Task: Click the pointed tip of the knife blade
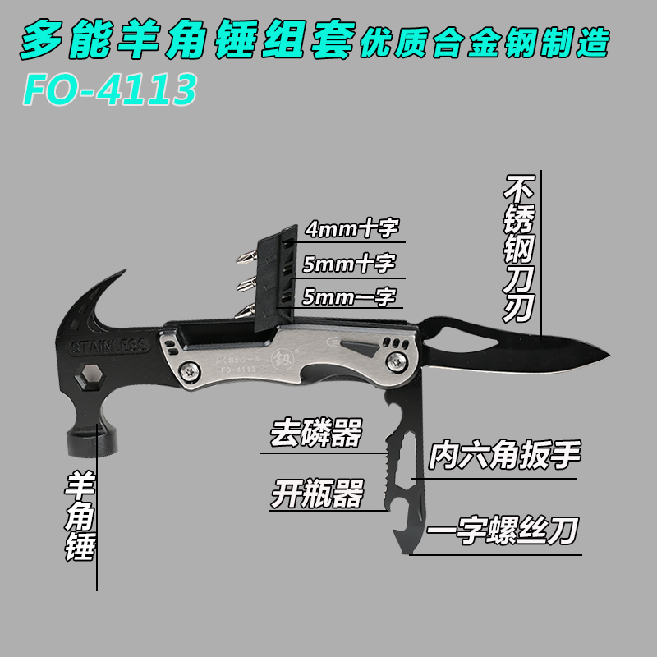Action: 609,356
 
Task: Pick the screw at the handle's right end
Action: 400,358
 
